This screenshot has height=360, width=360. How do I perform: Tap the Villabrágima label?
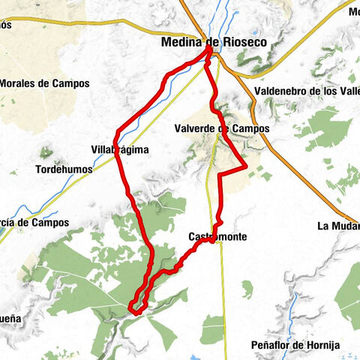pos(119,150)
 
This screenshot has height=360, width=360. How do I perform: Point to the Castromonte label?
pos(217,236)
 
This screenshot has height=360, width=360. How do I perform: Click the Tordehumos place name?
pos(64,169)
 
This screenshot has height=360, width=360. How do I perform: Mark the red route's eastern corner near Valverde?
pos(245,166)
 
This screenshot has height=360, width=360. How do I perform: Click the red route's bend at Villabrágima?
pos(116,136)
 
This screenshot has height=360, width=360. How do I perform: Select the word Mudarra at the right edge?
pos(344,226)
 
